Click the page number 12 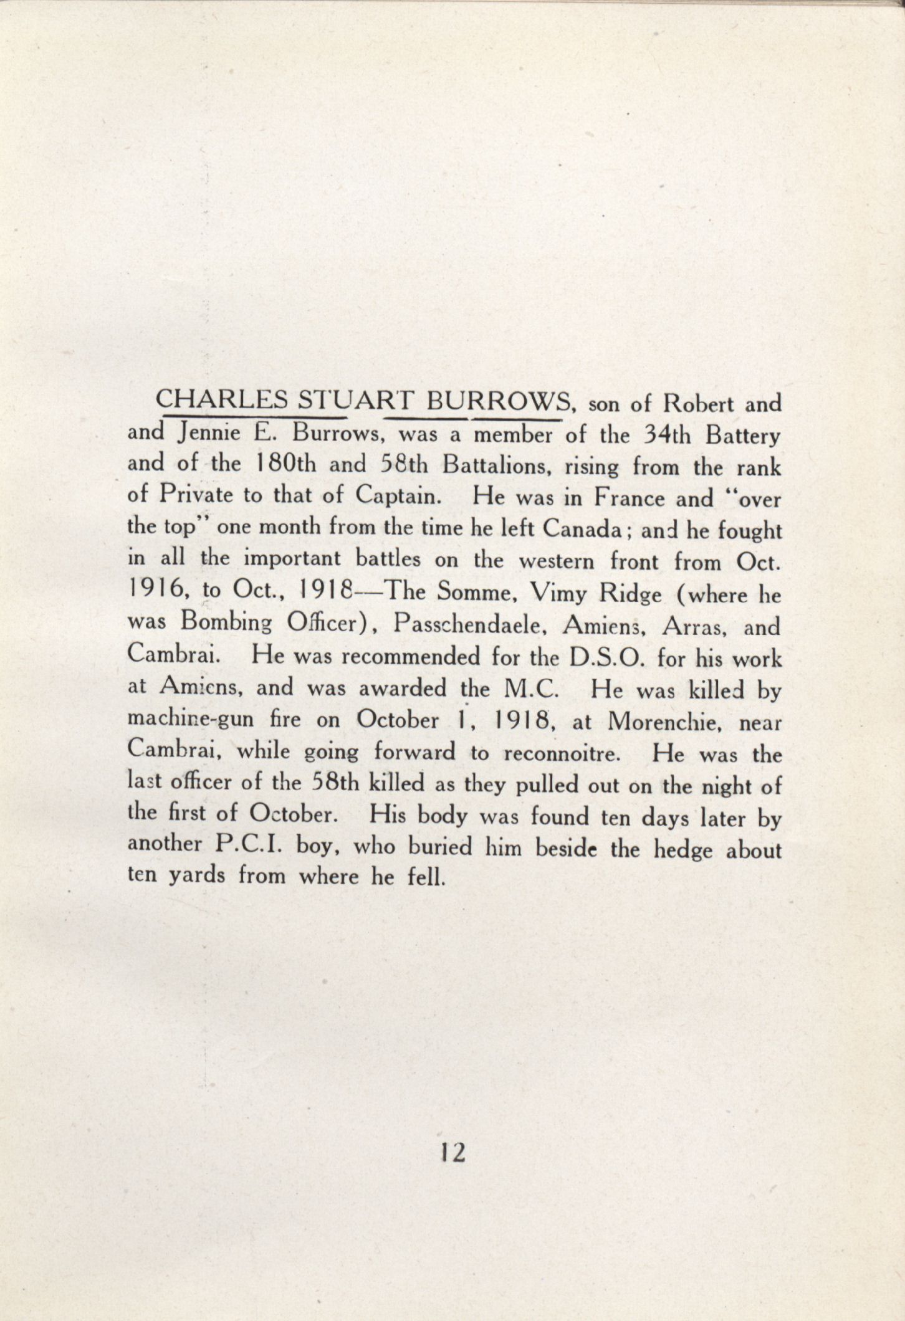click(x=452, y=1153)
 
